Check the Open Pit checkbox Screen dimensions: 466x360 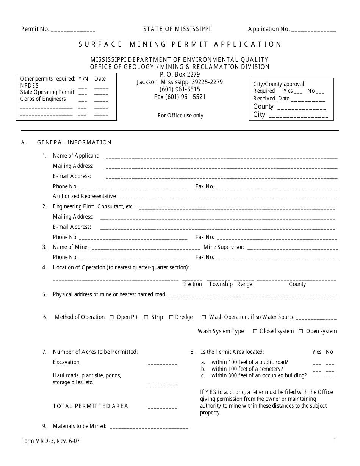click(x=111, y=317)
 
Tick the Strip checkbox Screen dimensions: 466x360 click(x=146, y=317)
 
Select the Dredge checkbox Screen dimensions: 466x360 click(x=171, y=317)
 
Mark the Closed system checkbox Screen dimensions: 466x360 click(x=254, y=332)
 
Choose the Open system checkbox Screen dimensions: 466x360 click(x=301, y=332)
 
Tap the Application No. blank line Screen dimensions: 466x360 click(x=314, y=30)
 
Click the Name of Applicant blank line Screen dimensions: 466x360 click(x=221, y=156)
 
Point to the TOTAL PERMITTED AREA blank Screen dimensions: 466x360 click(x=162, y=407)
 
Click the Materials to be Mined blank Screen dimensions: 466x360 click(x=149, y=427)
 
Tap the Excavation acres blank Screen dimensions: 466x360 click(x=162, y=363)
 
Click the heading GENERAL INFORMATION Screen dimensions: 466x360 click(x=74, y=142)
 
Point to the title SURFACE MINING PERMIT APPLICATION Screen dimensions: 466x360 click(x=180, y=44)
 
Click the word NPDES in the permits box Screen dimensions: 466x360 click(x=30, y=86)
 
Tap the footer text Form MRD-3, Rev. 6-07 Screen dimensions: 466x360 click(x=50, y=441)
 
